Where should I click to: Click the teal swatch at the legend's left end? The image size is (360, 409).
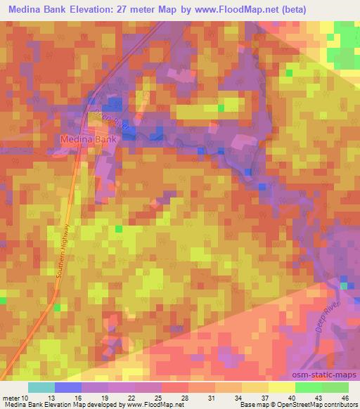point(41,388)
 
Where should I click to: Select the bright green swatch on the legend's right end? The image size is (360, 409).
point(335,388)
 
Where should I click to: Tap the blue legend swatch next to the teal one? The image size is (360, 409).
point(68,388)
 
